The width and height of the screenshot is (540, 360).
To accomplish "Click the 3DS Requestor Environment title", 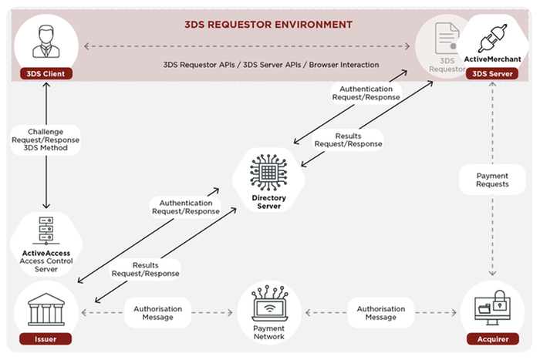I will pos(268,24).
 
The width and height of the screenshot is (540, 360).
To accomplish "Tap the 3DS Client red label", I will pos(46,74).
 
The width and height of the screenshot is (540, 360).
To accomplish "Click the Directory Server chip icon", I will pos(268,172).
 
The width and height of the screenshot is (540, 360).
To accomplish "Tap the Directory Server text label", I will pos(268,202).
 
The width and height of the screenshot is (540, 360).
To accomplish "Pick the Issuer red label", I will pos(46,338).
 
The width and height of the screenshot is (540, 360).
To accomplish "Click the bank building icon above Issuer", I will pos(46,310).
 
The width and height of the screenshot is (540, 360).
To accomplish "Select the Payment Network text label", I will pos(268,332).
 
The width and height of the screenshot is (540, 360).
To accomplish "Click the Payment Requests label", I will pos(493,180).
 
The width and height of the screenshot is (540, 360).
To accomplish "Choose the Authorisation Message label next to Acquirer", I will pos(381,313).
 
